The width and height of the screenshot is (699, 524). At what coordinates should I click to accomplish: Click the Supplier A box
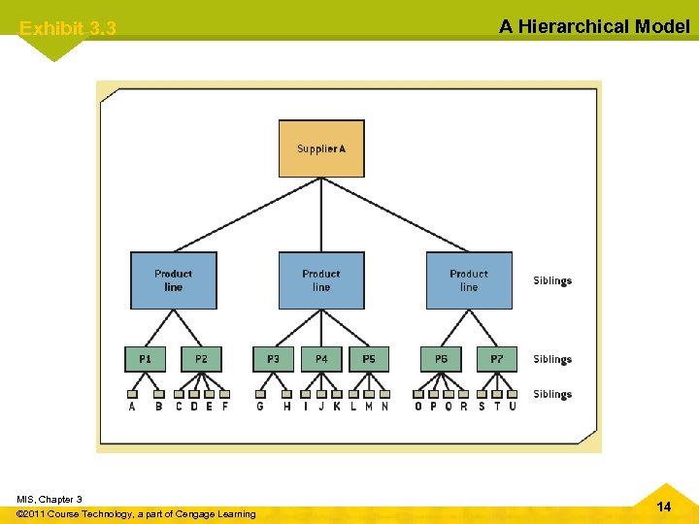[x=321, y=148]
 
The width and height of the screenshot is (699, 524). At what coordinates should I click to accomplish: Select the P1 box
[x=145, y=359]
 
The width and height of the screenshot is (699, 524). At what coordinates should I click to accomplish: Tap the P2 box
[x=201, y=359]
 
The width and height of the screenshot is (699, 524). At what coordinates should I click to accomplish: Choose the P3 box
[x=273, y=359]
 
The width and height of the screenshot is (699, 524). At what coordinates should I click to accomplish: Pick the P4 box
[x=321, y=359]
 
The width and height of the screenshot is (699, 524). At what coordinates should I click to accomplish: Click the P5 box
[x=369, y=359]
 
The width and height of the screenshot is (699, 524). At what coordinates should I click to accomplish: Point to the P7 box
[x=497, y=359]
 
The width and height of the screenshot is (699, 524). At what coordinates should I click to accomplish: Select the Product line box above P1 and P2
[x=174, y=280]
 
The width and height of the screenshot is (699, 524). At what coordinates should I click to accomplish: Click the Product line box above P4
[x=321, y=280]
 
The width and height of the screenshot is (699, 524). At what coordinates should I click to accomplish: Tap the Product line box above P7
[x=469, y=280]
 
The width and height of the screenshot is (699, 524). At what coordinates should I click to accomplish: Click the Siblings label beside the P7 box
[x=552, y=360]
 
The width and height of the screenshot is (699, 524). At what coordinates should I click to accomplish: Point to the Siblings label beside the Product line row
[x=552, y=281]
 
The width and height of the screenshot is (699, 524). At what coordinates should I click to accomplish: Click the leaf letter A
[x=132, y=407]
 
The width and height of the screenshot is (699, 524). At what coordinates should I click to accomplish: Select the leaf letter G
[x=260, y=407]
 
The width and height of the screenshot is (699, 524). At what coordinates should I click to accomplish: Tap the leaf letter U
[x=513, y=407]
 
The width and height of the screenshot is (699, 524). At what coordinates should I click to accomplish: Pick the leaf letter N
[x=384, y=407]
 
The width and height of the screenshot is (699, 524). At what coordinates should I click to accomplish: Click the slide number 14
[x=664, y=507]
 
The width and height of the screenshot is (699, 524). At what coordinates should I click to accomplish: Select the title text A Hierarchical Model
[x=594, y=26]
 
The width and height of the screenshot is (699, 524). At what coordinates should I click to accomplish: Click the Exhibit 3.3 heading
[x=68, y=29]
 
